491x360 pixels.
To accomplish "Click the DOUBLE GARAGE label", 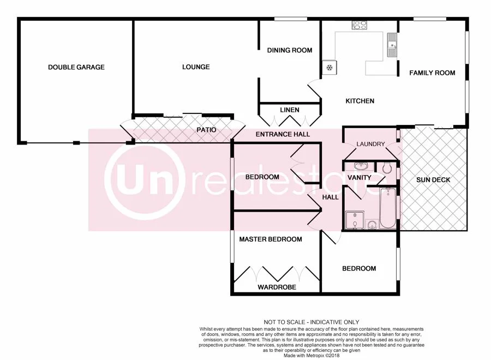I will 76,68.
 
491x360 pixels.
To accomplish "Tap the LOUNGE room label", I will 196,67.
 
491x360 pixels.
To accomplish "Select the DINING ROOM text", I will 290,51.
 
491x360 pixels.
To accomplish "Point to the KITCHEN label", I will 360,101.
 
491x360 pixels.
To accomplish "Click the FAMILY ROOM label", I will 432,73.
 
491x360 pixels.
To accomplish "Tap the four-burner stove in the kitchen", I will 360,25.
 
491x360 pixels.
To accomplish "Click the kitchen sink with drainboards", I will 392,45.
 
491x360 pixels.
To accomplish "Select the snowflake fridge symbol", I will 330,68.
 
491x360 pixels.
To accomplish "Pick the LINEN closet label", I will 290,110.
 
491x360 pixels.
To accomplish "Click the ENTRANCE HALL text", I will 283,134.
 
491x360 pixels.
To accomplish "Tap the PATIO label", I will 206,130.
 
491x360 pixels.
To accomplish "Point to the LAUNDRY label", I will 370,145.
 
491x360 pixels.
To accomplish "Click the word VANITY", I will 359,178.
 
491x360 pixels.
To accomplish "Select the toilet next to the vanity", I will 387,169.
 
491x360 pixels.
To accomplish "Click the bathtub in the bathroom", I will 388,208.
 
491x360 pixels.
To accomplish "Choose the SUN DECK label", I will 433,180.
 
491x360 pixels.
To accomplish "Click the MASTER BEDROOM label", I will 271,239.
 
